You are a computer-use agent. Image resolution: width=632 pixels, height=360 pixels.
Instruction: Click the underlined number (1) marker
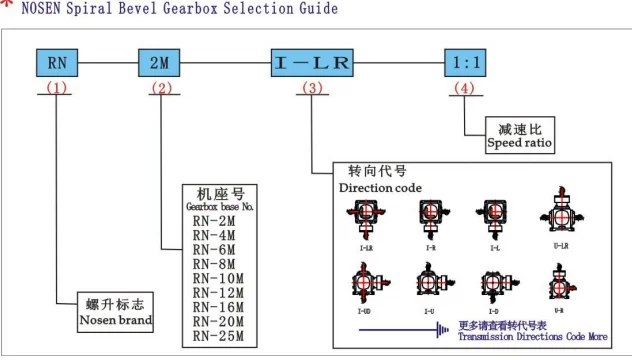[57, 88]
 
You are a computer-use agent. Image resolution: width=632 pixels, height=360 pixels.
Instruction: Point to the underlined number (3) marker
[312, 88]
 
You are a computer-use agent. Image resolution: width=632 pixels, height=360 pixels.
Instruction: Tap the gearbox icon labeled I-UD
[366, 282]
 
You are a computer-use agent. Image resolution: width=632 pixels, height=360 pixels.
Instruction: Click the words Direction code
[380, 187]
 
